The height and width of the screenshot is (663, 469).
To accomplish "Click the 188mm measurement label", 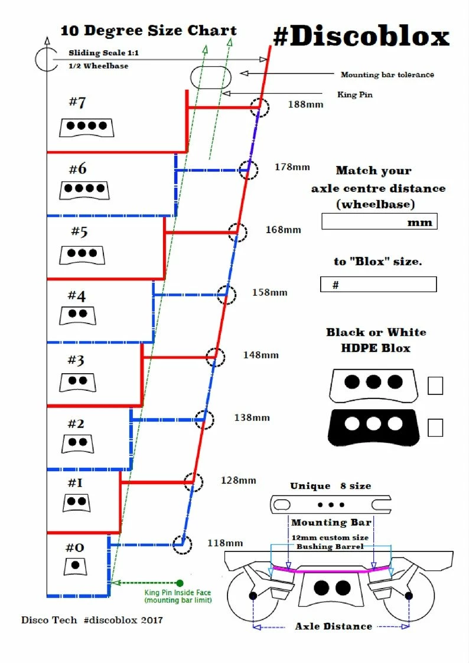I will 305,104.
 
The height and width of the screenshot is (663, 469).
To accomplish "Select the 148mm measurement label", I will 260,355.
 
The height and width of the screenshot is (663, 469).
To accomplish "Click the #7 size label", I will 77,102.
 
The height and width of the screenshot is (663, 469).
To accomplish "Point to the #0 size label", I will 74,547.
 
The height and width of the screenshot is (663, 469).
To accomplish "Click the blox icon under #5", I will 82,254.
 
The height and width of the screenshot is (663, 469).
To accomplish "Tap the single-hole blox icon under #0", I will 75,566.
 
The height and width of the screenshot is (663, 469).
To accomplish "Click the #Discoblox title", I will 361,37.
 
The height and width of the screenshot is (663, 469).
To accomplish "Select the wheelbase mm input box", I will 379,221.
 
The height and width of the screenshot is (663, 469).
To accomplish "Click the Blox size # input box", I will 378,285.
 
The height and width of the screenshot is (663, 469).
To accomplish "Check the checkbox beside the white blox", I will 435,386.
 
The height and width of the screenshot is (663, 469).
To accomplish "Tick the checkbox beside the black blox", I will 435,427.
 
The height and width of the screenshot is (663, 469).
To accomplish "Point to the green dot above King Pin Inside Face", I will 180,583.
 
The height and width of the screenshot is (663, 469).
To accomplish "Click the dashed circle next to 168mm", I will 237,233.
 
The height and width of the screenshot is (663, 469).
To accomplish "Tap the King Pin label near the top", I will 354,94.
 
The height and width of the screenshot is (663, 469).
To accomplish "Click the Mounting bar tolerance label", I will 387,74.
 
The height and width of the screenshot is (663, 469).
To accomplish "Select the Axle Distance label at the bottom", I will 333,626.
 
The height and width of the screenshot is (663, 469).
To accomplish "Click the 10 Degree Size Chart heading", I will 148,30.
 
